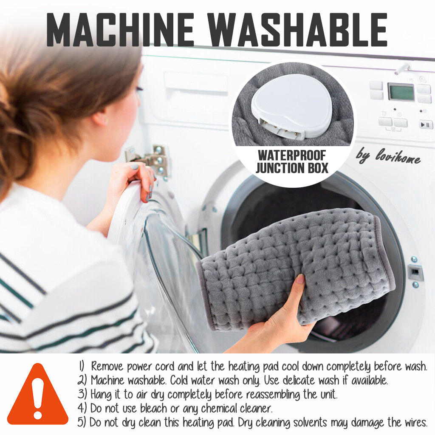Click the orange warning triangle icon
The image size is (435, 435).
(x=38, y=394)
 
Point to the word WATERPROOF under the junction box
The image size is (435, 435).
(x=291, y=155)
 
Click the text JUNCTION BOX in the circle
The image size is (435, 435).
(x=292, y=168)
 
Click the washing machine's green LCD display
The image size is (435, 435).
(x=401, y=92)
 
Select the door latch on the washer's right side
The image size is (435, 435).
(x=415, y=273)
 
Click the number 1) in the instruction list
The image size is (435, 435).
(x=81, y=366)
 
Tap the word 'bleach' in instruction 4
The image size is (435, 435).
(x=154, y=408)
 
